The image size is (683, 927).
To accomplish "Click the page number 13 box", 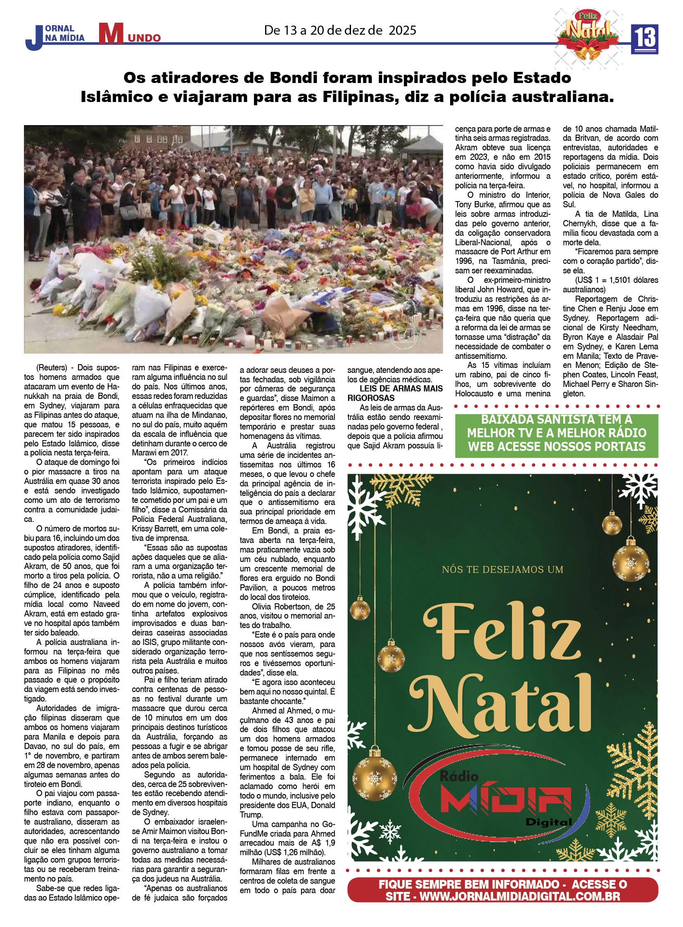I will pyautogui.click(x=644, y=39).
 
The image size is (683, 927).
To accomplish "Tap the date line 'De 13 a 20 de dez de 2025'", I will pyautogui.click(x=340, y=30).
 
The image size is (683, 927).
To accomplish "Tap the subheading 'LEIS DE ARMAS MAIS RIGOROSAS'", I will pyautogui.click(x=395, y=393).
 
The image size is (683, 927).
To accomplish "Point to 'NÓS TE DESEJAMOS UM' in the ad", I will pyautogui.click(x=502, y=570).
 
